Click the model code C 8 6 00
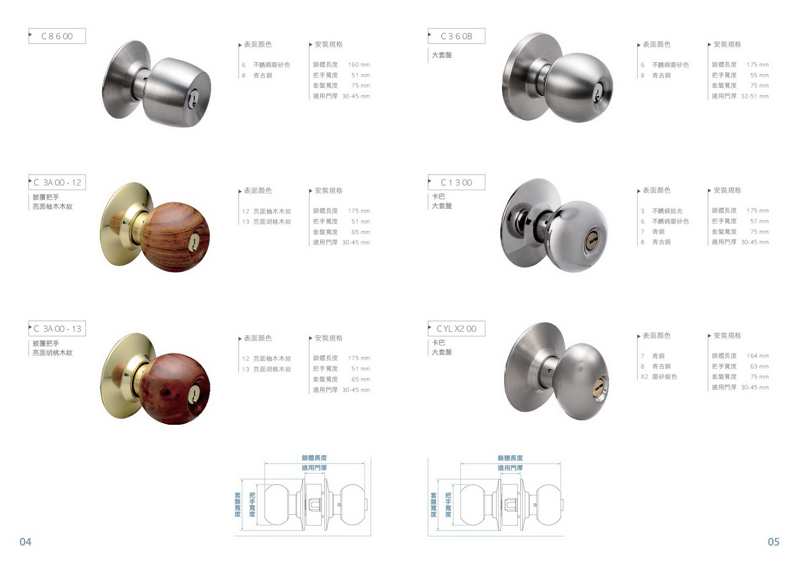[57, 36]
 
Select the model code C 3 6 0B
[456, 36]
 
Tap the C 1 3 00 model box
[456, 183]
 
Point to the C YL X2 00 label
[456, 328]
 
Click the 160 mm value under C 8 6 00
[359, 65]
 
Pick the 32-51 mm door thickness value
[755, 96]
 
